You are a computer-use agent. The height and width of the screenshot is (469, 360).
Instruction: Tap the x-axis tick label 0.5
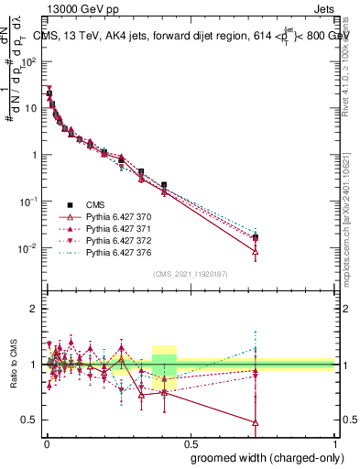point(191,443)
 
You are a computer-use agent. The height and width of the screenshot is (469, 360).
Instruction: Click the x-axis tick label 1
point(336,443)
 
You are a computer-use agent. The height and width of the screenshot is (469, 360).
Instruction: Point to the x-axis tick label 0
point(47,443)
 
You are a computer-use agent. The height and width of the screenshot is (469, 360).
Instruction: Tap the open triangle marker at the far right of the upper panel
point(256,251)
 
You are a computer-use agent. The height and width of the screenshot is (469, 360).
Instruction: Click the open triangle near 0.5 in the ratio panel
point(256,422)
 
